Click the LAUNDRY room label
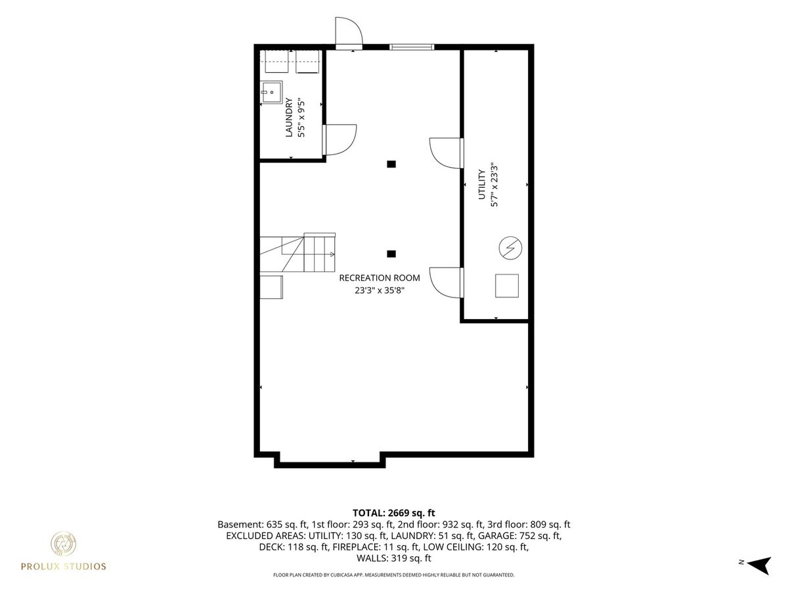[289, 118]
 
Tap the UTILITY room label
[481, 185]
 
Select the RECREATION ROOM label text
[379, 278]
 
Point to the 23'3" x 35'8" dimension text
[380, 290]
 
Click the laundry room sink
[271, 92]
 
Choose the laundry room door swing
[339, 140]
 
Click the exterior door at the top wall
[349, 33]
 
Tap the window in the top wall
[412, 47]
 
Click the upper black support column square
[391, 164]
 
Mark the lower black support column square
[391, 253]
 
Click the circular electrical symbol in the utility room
[510, 248]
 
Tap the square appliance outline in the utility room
[507, 286]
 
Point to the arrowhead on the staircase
[332, 254]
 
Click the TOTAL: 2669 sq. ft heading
[394, 513]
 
